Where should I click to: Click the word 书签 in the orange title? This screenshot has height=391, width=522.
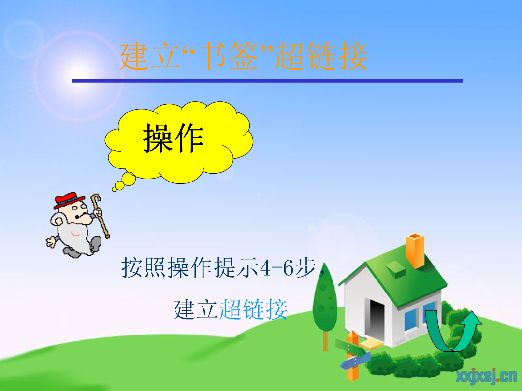point(228,56)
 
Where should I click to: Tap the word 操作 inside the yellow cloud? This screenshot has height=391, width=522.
point(174,138)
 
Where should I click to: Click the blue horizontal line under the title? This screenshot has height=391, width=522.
point(267,81)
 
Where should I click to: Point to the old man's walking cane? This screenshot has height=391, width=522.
point(100,215)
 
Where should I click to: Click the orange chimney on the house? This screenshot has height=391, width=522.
point(415,251)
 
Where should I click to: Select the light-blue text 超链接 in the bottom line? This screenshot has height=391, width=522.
point(253,309)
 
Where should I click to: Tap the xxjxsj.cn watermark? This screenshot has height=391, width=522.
point(486,377)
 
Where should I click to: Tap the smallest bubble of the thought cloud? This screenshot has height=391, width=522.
point(114,189)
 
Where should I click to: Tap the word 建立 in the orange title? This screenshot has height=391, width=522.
point(150,56)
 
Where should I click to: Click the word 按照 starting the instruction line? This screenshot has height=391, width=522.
point(144,267)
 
